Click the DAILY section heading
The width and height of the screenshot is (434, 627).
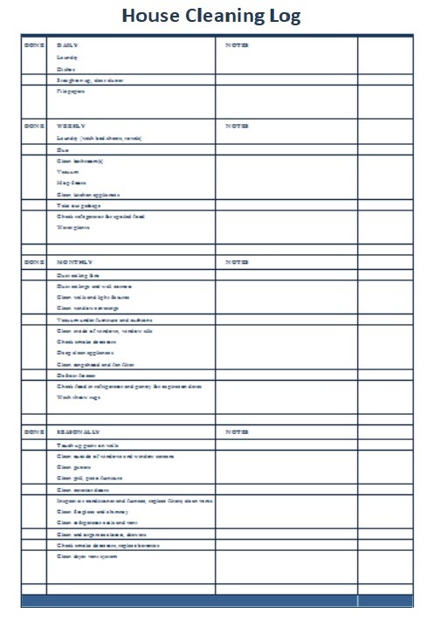pos(67,45)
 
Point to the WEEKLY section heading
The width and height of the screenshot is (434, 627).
pos(70,126)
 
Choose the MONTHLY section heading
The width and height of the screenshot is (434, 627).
pos(74,262)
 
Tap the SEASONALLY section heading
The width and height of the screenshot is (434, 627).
pos(79,432)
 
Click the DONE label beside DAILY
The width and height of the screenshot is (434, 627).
pos(34,45)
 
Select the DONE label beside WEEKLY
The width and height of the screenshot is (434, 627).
pos(34,126)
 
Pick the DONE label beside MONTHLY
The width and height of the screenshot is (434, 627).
pos(34,262)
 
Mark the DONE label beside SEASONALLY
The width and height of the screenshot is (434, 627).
pos(34,432)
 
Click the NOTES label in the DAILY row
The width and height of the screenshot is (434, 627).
pos(237,45)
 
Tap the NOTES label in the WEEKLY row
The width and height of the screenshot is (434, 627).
pos(237,126)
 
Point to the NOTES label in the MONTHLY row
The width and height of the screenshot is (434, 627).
pos(237,262)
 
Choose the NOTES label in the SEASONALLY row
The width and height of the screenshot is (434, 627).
pos(237,432)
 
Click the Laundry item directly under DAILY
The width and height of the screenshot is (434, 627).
pos(66,57)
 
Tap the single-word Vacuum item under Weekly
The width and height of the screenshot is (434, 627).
pos(67,172)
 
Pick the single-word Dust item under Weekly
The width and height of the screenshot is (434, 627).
pos(62,150)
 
